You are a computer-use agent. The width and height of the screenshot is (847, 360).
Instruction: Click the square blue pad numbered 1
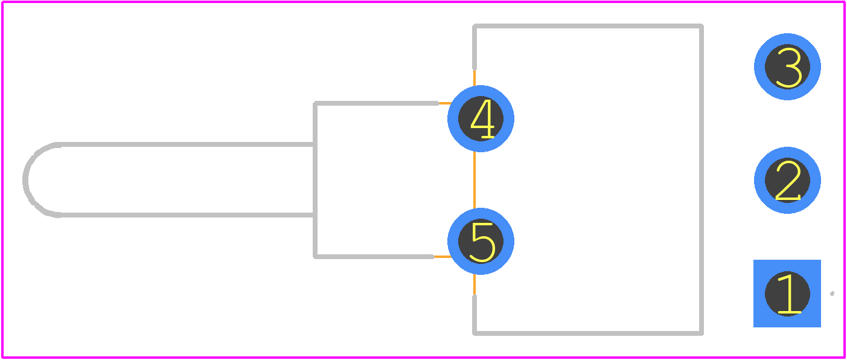[x=787, y=294]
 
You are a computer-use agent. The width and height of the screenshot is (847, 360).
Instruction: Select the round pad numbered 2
[x=787, y=180]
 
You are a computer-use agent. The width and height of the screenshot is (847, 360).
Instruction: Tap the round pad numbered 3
[x=787, y=66]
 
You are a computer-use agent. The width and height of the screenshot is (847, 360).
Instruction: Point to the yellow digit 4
[x=482, y=119]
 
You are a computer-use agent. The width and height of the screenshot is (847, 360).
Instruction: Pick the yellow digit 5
[x=482, y=242]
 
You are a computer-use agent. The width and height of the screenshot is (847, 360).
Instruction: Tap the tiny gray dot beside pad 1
[x=832, y=294]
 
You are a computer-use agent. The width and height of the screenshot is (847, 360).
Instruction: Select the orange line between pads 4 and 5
[x=475, y=180]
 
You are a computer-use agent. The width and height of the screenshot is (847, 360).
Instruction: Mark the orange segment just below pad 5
[x=475, y=284]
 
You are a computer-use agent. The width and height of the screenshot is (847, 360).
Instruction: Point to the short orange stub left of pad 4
[x=444, y=103]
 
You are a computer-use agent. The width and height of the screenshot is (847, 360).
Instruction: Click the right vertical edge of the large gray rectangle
[x=702, y=179]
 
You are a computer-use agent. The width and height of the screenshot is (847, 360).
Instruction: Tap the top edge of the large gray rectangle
[x=588, y=26]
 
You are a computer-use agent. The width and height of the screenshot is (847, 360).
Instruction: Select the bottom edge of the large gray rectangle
[x=588, y=333]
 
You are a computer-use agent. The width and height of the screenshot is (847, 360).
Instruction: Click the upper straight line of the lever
[x=185, y=144]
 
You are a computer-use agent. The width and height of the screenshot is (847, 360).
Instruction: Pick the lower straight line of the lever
[x=185, y=215]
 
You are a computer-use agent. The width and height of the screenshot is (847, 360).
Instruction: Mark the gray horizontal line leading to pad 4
[x=376, y=103]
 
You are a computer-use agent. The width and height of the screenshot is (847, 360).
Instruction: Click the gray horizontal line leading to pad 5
[x=374, y=257]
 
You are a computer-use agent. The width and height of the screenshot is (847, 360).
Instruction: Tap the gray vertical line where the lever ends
[x=315, y=180]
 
